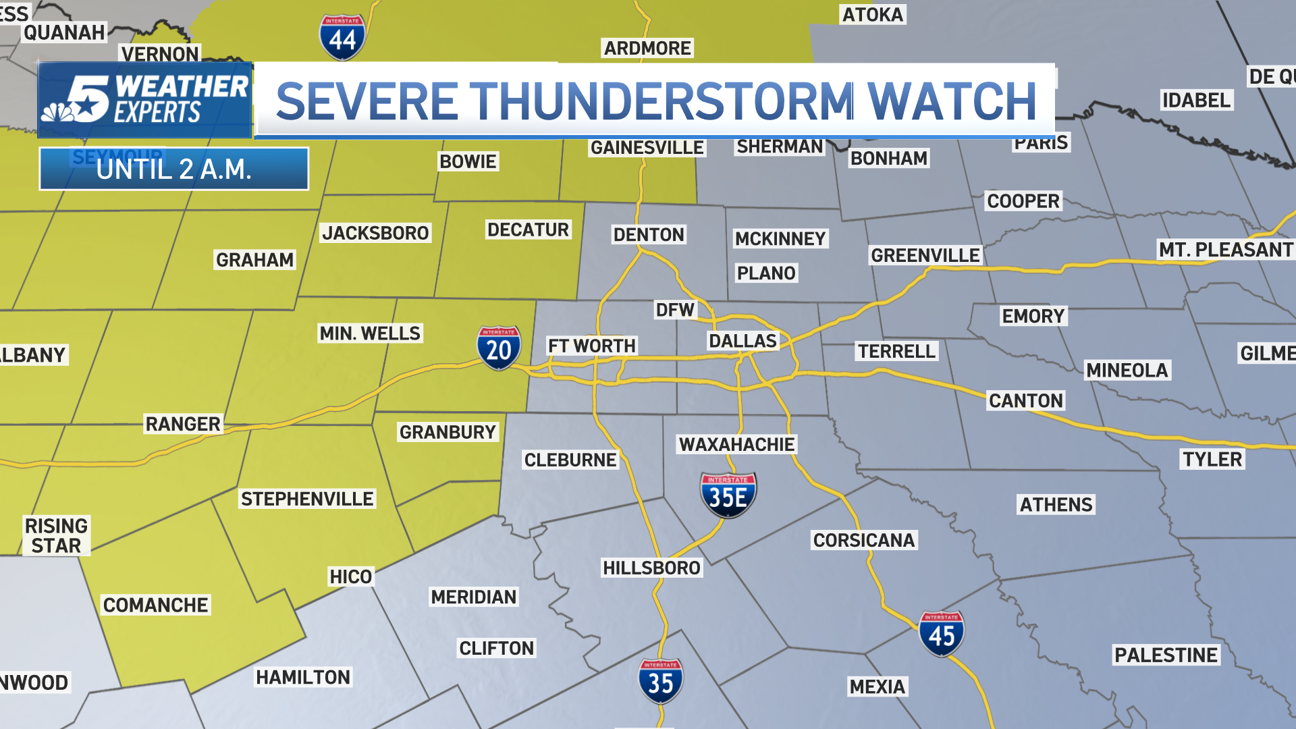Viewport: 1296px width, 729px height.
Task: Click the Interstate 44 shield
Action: [342, 37]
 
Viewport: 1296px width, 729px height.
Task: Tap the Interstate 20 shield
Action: [499, 348]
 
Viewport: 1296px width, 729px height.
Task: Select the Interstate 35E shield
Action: [728, 495]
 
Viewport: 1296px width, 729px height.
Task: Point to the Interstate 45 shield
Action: [942, 634]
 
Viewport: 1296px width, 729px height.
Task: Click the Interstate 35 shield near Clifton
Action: [660, 681]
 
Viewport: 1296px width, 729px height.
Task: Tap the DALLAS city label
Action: [742, 341]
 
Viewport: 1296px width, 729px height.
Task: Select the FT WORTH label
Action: [591, 346]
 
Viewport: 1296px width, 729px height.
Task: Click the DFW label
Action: [675, 310]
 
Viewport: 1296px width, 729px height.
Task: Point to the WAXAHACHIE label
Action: [736, 444]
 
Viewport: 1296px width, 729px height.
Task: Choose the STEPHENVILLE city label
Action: [307, 499]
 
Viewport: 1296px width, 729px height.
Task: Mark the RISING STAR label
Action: [56, 535]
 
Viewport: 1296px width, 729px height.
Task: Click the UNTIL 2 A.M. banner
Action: [173, 169]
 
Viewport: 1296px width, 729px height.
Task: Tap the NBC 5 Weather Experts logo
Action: [144, 100]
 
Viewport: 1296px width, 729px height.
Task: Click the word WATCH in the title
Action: [952, 101]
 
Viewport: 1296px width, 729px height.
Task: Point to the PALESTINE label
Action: [1166, 655]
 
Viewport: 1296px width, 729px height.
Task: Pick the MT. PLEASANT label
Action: [1225, 250]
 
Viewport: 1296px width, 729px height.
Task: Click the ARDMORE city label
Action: [647, 48]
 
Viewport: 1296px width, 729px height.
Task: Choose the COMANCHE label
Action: [155, 605]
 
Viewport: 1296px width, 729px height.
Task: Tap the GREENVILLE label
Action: [925, 255]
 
